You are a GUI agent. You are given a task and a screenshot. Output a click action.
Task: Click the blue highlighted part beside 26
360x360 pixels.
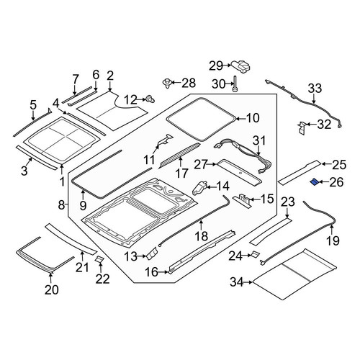click(x=315, y=182)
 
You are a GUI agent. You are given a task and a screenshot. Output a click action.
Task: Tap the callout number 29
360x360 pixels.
click(x=216, y=66)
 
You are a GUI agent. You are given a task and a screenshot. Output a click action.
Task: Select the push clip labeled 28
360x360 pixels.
click(x=167, y=83)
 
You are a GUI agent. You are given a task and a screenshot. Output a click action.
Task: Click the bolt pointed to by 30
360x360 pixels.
click(x=235, y=84)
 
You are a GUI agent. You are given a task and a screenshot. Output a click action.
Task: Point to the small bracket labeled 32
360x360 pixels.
click(x=301, y=127)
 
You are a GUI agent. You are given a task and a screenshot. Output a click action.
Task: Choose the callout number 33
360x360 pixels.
click(x=315, y=89)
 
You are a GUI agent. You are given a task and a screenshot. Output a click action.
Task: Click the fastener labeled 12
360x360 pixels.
click(x=150, y=99)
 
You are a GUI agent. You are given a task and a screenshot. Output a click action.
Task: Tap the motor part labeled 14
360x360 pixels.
click(x=199, y=188)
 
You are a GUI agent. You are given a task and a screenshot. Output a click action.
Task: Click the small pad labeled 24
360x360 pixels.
click(x=255, y=254)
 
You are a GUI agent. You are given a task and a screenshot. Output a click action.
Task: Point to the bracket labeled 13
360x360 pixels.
click(x=152, y=254)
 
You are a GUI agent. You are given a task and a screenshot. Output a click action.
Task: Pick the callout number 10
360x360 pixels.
click(x=253, y=118)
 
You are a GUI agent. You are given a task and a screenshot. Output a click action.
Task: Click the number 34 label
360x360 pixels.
click(x=237, y=282)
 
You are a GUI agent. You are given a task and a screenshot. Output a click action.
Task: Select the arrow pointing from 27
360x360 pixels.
click(x=211, y=164)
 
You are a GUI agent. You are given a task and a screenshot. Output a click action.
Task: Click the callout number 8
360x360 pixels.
click(x=61, y=205)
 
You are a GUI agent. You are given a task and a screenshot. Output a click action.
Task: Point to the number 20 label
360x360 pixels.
click(x=52, y=290)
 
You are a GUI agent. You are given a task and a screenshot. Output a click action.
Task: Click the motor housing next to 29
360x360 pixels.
click(x=240, y=66)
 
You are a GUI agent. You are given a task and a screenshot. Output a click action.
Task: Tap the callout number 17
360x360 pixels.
click(x=181, y=173)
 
